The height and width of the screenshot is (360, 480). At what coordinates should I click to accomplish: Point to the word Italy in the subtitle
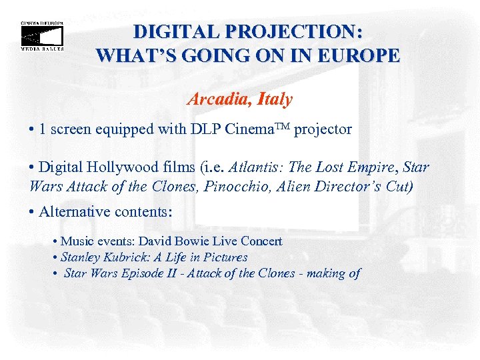coord(273,99)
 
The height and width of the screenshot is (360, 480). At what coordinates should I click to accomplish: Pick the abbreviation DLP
coord(198,129)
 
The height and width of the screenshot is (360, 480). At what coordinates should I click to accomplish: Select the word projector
coord(323,130)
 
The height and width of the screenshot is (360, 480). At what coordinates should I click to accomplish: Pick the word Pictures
coord(225,257)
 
